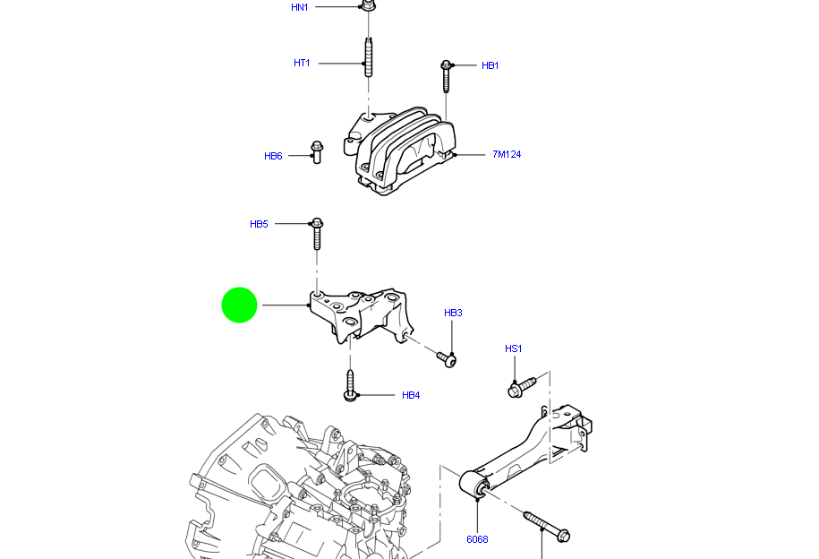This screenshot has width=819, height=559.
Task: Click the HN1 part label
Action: pos(299,7)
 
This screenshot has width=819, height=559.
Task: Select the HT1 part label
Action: pos(302,63)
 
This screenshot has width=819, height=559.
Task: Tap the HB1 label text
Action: pos(490,65)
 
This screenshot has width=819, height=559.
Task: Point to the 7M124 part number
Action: pos(506,154)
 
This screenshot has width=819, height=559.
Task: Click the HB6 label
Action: pos(273,156)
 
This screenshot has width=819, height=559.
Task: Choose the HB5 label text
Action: pos(259,224)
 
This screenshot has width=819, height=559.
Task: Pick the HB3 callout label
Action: pos(453,313)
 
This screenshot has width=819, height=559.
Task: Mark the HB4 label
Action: pos(410,395)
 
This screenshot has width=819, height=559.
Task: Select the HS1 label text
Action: pos(513,348)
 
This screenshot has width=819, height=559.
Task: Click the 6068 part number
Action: pos(477,539)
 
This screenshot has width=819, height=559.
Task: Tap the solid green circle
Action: pos(240,305)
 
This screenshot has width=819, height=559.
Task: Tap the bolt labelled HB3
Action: pos(447,358)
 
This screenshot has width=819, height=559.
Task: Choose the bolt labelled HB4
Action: pos(351,385)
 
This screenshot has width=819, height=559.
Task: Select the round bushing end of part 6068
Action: pos(474,486)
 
